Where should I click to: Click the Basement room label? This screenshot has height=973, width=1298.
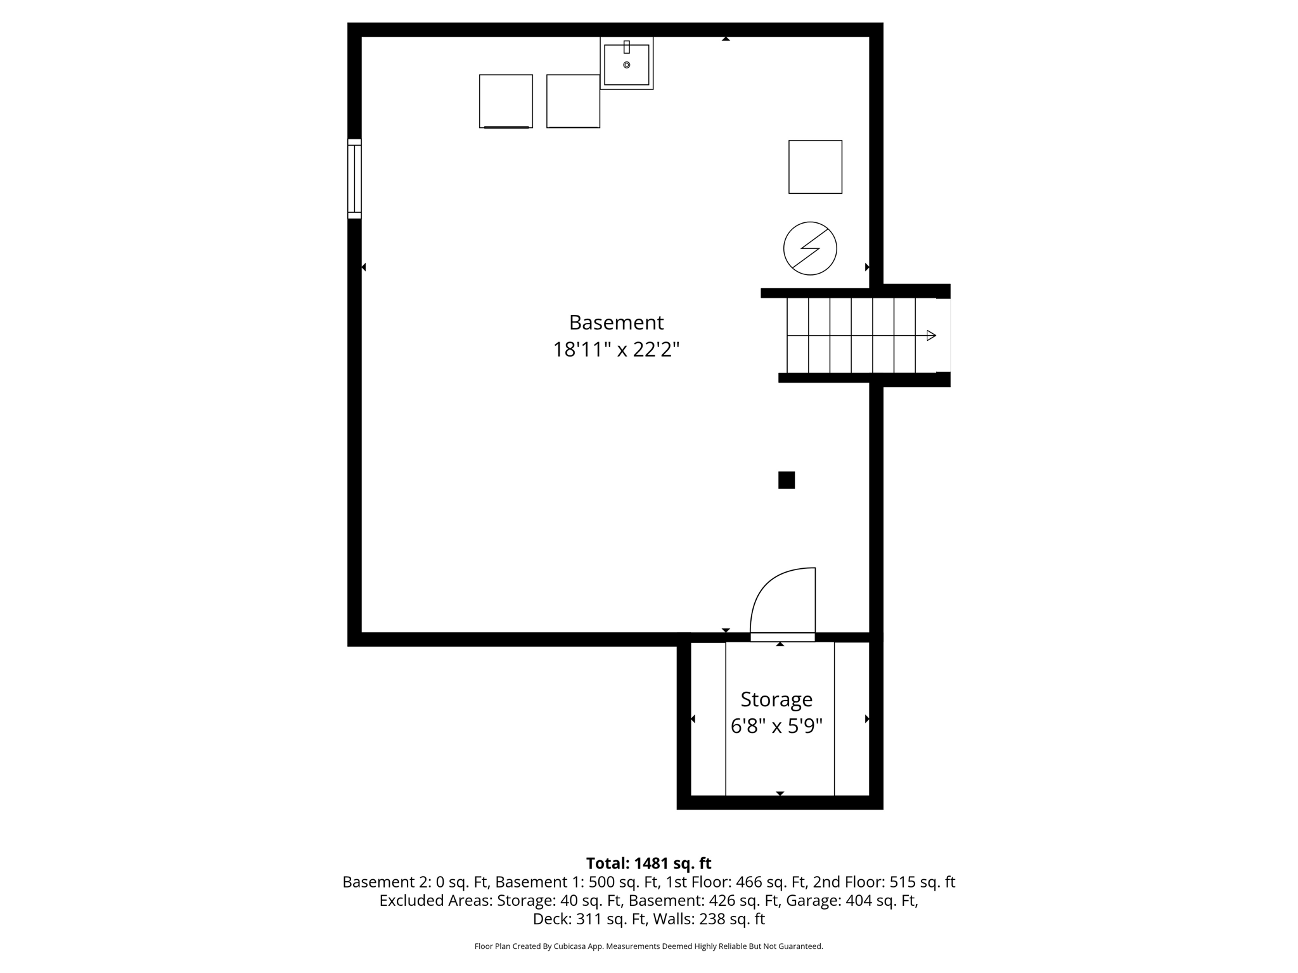(616, 322)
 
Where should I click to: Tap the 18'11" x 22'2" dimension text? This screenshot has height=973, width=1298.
(616, 350)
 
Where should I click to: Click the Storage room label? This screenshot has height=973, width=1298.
(776, 699)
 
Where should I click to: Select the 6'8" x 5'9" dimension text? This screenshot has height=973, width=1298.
(776, 726)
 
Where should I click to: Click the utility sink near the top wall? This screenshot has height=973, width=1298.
(626, 65)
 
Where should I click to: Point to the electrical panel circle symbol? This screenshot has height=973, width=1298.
(810, 248)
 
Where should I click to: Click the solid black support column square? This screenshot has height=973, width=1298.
(787, 480)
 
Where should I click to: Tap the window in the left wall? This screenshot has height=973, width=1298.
(354, 179)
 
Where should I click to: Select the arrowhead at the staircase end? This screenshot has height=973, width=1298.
(931, 336)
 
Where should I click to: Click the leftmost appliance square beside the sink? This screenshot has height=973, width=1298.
(506, 101)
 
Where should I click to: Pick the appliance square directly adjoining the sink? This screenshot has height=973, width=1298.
(573, 101)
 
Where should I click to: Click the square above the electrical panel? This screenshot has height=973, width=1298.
(815, 167)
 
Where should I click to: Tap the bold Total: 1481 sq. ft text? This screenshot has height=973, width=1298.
(648, 863)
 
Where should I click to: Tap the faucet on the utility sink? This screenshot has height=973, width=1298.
(627, 47)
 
